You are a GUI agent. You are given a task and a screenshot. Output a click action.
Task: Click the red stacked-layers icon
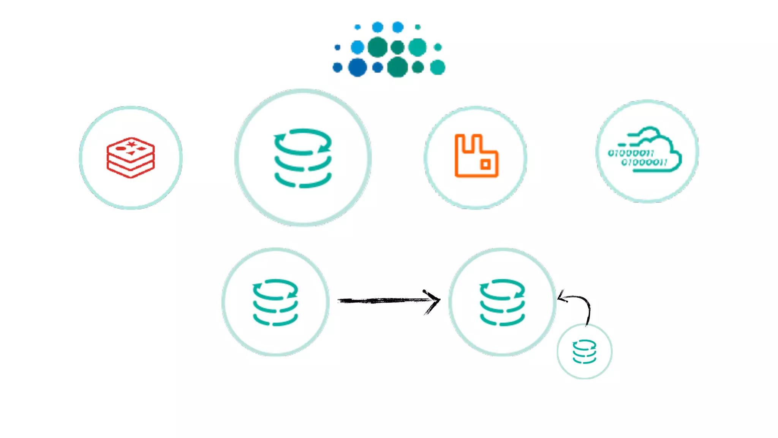[x=131, y=157]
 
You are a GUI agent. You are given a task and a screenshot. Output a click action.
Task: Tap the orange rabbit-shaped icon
[x=476, y=156]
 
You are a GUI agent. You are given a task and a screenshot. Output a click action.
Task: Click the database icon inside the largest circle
[x=303, y=158]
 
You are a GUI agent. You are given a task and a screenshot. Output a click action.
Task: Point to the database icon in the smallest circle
[x=584, y=352]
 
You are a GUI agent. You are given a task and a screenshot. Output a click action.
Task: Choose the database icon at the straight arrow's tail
[x=275, y=302]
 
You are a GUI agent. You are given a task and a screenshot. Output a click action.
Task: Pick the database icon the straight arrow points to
[x=502, y=302]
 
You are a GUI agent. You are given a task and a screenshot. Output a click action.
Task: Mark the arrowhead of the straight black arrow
[x=435, y=300]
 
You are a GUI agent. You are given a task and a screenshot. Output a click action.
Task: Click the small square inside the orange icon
[x=485, y=164]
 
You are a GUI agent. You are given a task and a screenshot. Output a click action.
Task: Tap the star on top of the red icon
[x=131, y=144]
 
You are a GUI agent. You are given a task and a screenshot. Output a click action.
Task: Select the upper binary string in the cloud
[x=631, y=153]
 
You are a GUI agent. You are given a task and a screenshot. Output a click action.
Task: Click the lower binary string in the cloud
[x=644, y=163]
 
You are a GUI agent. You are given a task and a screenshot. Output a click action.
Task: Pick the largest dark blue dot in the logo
[x=357, y=68]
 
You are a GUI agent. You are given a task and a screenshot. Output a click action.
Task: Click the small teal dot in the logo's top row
[x=418, y=27]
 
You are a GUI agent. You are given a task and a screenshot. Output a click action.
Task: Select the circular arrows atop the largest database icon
[x=303, y=142]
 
